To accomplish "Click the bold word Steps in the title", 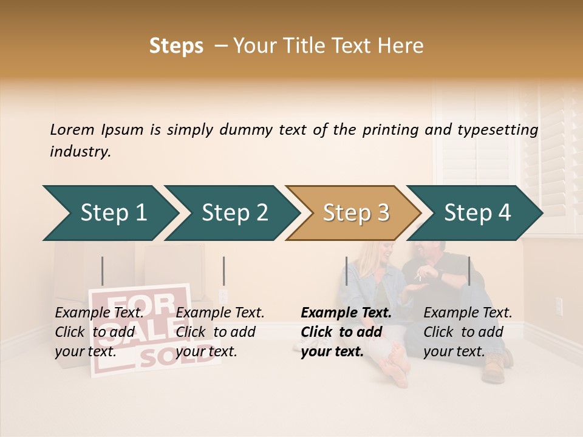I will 176,46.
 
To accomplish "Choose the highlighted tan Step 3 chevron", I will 354,212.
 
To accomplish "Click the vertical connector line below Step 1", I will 103,271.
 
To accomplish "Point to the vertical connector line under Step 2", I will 224,271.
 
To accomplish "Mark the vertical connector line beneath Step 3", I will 346,271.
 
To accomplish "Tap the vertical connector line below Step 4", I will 469,271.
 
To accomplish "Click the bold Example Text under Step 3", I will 346,313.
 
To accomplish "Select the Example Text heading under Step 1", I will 99,313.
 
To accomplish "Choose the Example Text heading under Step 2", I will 220,313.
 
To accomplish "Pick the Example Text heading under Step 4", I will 468,313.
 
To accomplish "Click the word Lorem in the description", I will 72,129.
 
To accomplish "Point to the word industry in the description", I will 80,151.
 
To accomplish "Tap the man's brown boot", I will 493,368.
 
